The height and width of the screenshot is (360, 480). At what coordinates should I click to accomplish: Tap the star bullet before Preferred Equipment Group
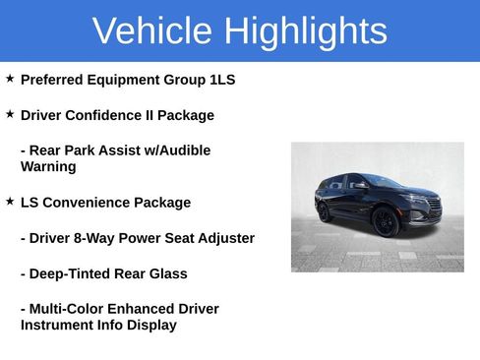coord(10,78)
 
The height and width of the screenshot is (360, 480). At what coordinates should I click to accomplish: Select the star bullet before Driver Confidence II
coord(10,114)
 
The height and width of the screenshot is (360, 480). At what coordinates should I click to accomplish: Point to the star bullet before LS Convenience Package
coord(10,201)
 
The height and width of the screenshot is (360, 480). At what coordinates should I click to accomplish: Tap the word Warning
coord(48,167)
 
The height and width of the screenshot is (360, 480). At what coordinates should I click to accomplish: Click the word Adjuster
coord(224,238)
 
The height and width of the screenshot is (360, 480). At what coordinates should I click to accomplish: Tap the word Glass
coord(166,273)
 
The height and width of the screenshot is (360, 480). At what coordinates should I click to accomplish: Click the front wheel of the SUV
coord(385,222)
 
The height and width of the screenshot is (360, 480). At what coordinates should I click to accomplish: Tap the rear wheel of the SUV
coord(326,211)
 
